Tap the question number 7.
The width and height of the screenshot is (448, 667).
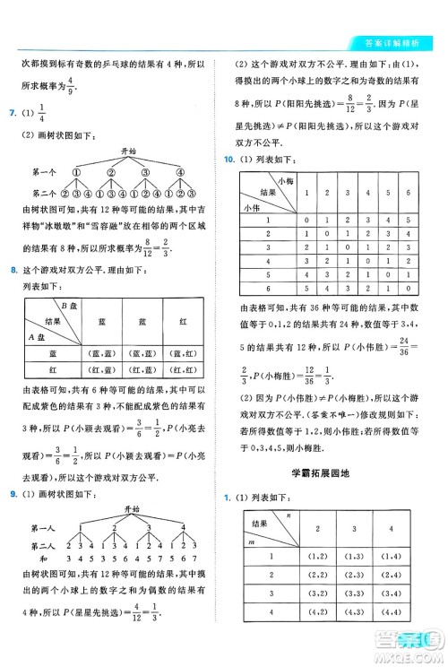[10, 114]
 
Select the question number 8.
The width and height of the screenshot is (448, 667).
[10, 270]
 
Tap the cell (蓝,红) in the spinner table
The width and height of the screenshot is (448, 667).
[185, 352]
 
